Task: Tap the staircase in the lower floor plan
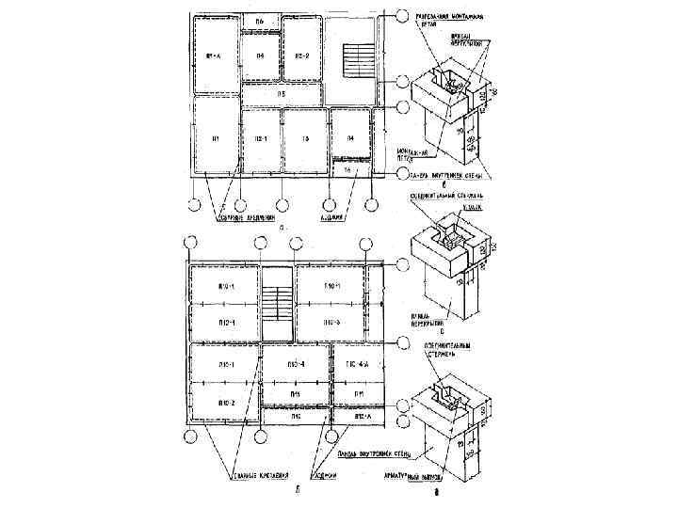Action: (277, 305)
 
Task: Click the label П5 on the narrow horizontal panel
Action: (281, 95)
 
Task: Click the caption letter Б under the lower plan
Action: (298, 490)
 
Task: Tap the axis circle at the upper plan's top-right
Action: (402, 17)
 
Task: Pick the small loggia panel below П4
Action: (347, 171)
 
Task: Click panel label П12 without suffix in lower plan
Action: (295, 414)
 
